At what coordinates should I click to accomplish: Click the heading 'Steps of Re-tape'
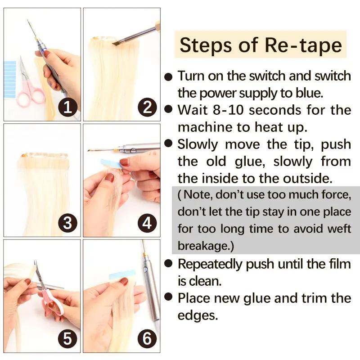pos(261,45)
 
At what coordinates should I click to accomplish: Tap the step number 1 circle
pos(67,107)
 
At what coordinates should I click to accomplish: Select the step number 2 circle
pos(147,107)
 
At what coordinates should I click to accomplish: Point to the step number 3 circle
pos(67,223)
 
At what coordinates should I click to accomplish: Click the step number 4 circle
pos(147,223)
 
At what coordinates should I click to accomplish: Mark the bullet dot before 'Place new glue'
pos(168,298)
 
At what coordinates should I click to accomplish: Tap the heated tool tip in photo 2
pos(116,43)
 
